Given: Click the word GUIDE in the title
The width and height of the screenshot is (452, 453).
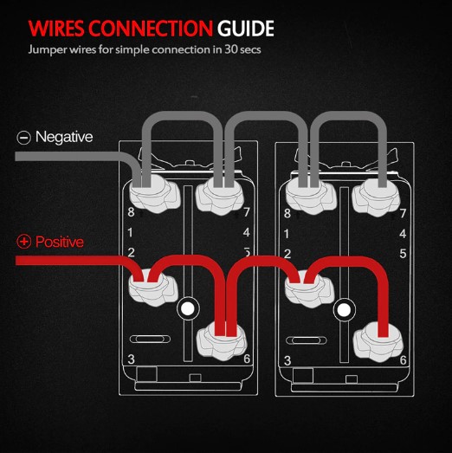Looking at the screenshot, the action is point(246,29).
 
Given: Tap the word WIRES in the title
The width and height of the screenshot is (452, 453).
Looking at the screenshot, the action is point(56,29).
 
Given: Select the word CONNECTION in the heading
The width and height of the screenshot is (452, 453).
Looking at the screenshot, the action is point(151,29).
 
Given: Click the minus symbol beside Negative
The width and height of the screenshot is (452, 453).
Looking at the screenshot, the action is point(23,138).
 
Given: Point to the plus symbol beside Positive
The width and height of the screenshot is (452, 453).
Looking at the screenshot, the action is point(23,242).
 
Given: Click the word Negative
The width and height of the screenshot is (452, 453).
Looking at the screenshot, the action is point(64,137).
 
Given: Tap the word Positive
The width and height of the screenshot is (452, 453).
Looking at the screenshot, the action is point(60,242).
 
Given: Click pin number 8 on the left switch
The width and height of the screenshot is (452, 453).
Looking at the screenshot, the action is point(131,211).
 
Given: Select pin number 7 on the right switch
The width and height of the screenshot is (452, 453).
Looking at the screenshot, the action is point(403,213).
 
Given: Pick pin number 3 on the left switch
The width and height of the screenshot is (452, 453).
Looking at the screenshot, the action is point(131,359).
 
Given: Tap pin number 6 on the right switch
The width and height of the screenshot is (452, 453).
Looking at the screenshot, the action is point(403,360).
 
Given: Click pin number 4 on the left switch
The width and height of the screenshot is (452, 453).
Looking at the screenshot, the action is point(247,232).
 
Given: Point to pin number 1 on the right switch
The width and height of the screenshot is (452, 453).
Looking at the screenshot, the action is point(287,234).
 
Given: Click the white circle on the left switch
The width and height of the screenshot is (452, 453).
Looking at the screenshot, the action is point(188,308).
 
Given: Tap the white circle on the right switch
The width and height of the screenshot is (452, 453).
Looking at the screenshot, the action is point(344,310).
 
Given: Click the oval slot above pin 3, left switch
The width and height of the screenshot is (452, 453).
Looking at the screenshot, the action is point(150,339).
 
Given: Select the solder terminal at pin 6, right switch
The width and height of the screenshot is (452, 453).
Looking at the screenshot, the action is point(378,342).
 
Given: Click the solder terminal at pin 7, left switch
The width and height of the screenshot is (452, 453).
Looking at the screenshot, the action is point(219,196).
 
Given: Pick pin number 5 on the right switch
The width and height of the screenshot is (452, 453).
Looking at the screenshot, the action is point(403,254).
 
